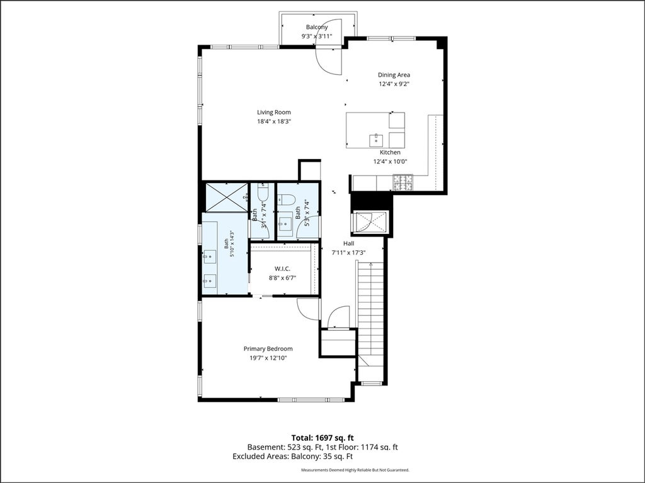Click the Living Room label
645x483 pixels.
tap(274, 112)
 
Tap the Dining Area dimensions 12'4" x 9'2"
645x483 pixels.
tap(394, 84)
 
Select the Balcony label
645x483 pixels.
tap(317, 28)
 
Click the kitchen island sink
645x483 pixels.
tap(376, 140)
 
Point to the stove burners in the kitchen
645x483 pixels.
tap(402, 183)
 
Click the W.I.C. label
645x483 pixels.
tap(283, 269)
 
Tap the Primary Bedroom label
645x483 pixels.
tap(268, 348)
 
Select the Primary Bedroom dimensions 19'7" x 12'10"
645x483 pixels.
tap(268, 358)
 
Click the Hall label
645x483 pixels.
tap(349, 243)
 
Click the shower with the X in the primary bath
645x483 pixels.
tap(227, 197)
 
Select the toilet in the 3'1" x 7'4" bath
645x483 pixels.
tap(263, 191)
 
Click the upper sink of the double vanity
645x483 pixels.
tap(210, 257)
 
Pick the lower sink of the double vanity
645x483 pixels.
tap(210, 281)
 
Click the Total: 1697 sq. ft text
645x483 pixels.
tap(322, 438)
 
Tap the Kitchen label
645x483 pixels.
tap(390, 152)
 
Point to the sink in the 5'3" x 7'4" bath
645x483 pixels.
tap(285, 224)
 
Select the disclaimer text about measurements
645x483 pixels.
tap(355, 470)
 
